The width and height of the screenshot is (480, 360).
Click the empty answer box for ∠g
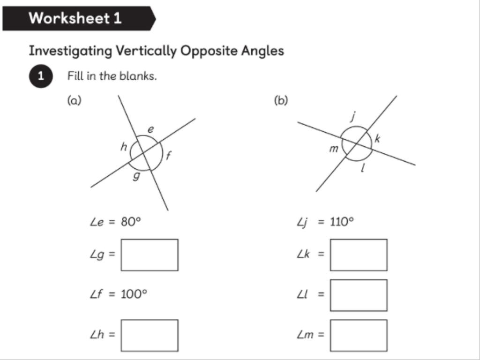point(149,255)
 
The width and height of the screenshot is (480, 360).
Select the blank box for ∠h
point(149,335)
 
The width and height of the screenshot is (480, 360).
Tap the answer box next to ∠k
point(359,255)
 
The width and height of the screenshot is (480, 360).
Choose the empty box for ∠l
point(359,295)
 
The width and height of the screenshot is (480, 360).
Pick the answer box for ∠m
point(359,335)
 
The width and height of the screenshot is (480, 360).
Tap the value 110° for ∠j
point(342,221)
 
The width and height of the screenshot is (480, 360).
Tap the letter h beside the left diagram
point(124,147)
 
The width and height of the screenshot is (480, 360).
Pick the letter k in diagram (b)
point(377,138)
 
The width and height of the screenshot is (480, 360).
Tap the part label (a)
point(75,100)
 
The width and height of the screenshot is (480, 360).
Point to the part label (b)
point(281,100)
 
